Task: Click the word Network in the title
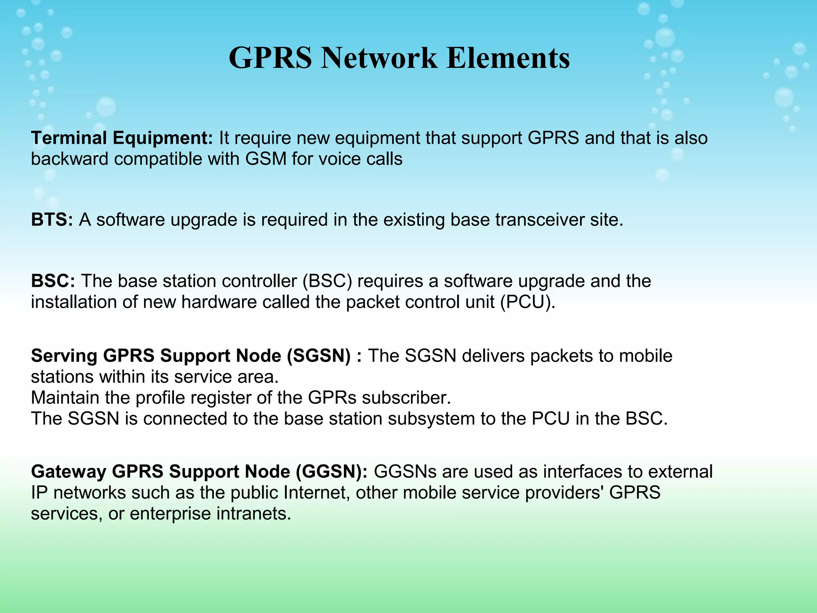pyautogui.click(x=379, y=58)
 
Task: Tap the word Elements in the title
pyautogui.click(x=508, y=58)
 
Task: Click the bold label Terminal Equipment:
pyautogui.click(x=122, y=138)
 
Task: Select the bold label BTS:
pyautogui.click(x=52, y=220)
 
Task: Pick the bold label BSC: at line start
pyautogui.click(x=53, y=281)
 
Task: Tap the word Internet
pyautogui.click(x=316, y=492)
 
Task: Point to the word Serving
pyautogui.click(x=64, y=356)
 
